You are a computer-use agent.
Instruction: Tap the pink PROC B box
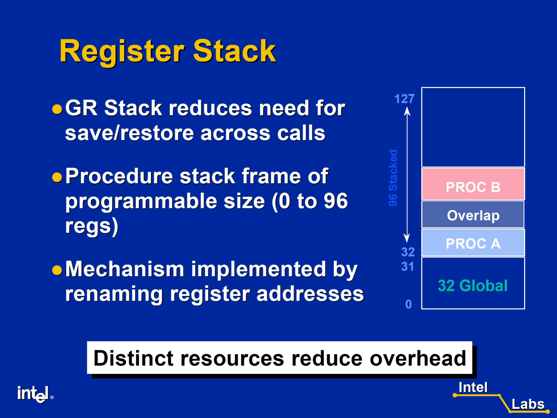coord(473,184)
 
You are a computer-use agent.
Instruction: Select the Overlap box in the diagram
coord(473,214)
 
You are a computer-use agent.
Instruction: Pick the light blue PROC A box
coord(473,243)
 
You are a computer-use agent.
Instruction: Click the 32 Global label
coord(473,285)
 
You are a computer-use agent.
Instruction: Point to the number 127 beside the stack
coord(405,99)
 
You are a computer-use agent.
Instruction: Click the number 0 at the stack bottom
coord(408,304)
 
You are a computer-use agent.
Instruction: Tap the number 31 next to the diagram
coord(408,267)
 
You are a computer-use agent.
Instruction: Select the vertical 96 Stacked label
coord(393,178)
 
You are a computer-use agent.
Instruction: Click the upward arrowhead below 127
coord(407,111)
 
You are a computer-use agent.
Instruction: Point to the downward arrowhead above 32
coord(407,239)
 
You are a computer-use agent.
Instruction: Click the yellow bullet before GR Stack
coord(57,109)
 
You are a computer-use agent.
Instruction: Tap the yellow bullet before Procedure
coord(57,177)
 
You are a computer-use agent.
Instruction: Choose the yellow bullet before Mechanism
coord(57,270)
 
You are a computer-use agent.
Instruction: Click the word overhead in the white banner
coord(418,358)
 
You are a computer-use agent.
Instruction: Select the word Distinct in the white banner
coord(133,358)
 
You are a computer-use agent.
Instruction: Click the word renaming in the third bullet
coord(114,294)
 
